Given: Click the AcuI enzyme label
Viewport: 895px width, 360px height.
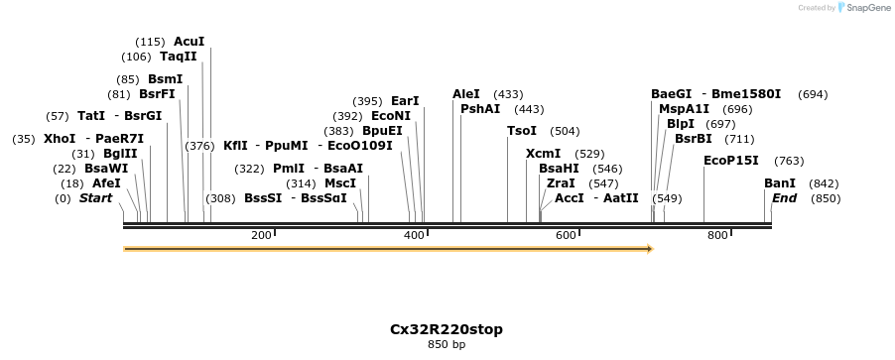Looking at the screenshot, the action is [189, 42].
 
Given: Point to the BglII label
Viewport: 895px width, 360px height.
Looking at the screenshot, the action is [120, 154].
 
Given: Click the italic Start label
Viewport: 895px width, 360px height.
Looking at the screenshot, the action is [95, 198].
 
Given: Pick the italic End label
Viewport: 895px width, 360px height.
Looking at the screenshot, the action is [784, 198].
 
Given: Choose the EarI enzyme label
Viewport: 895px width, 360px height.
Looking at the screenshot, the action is [405, 101].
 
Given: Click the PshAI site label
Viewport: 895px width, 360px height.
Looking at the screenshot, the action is [480, 109].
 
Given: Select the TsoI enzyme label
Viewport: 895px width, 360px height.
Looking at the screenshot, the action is [522, 131].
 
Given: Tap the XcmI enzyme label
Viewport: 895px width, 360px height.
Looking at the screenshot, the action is [543, 154].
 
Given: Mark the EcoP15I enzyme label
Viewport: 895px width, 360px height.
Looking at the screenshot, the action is [730, 161].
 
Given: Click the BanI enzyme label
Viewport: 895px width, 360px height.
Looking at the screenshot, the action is [779, 183].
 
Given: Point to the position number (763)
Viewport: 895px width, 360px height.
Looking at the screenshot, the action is [789, 161].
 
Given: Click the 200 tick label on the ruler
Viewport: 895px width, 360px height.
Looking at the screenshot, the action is [261, 235].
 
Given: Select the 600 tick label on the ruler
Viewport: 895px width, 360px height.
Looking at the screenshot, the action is [566, 235].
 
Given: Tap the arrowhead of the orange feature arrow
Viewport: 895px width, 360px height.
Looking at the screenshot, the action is [649, 249].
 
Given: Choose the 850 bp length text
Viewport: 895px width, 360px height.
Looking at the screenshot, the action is [446, 345].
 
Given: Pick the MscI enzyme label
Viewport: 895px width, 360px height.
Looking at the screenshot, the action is [340, 183].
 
